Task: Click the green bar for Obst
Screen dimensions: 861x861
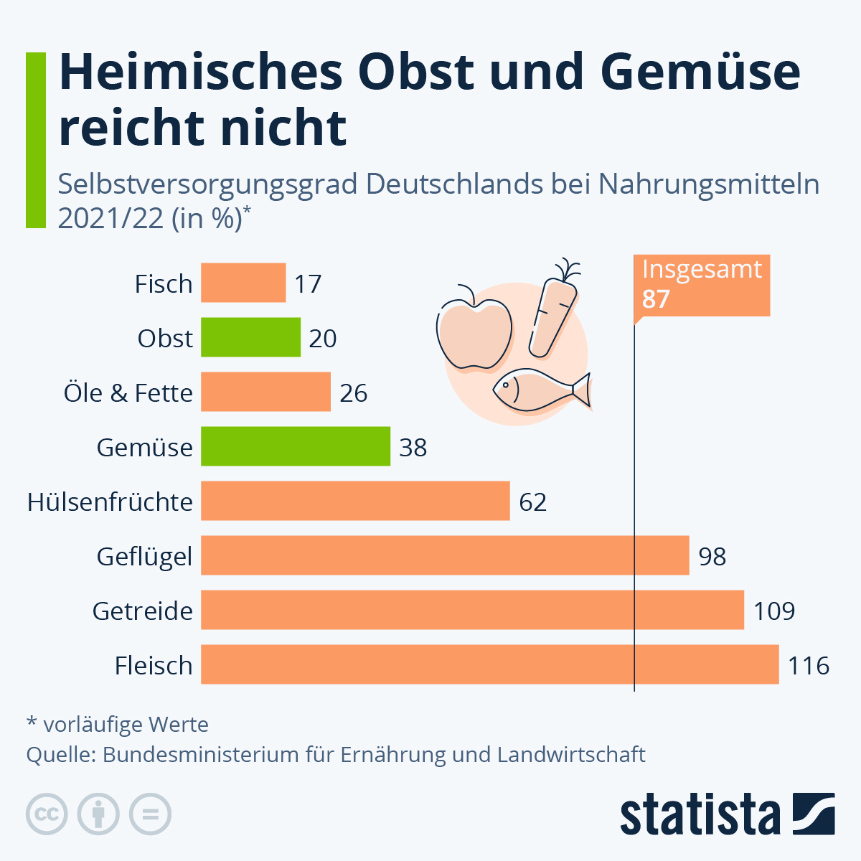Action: (x=250, y=337)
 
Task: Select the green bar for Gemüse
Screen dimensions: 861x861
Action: (x=295, y=446)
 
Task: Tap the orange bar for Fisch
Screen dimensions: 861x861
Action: (x=243, y=283)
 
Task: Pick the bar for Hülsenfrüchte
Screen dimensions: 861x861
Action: (x=355, y=501)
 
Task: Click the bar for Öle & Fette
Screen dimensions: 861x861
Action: (x=265, y=392)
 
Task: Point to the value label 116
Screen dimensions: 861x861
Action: (x=809, y=666)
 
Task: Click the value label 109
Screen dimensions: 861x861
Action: (x=774, y=611)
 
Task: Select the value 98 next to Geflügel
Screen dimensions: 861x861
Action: (x=712, y=557)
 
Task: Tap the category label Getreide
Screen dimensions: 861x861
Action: (x=143, y=611)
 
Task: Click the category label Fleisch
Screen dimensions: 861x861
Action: (x=154, y=666)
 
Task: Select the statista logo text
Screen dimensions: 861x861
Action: (x=700, y=815)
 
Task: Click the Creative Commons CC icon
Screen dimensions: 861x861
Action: (x=47, y=814)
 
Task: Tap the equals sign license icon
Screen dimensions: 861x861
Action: (x=150, y=814)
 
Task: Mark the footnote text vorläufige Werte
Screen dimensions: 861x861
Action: (x=126, y=725)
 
